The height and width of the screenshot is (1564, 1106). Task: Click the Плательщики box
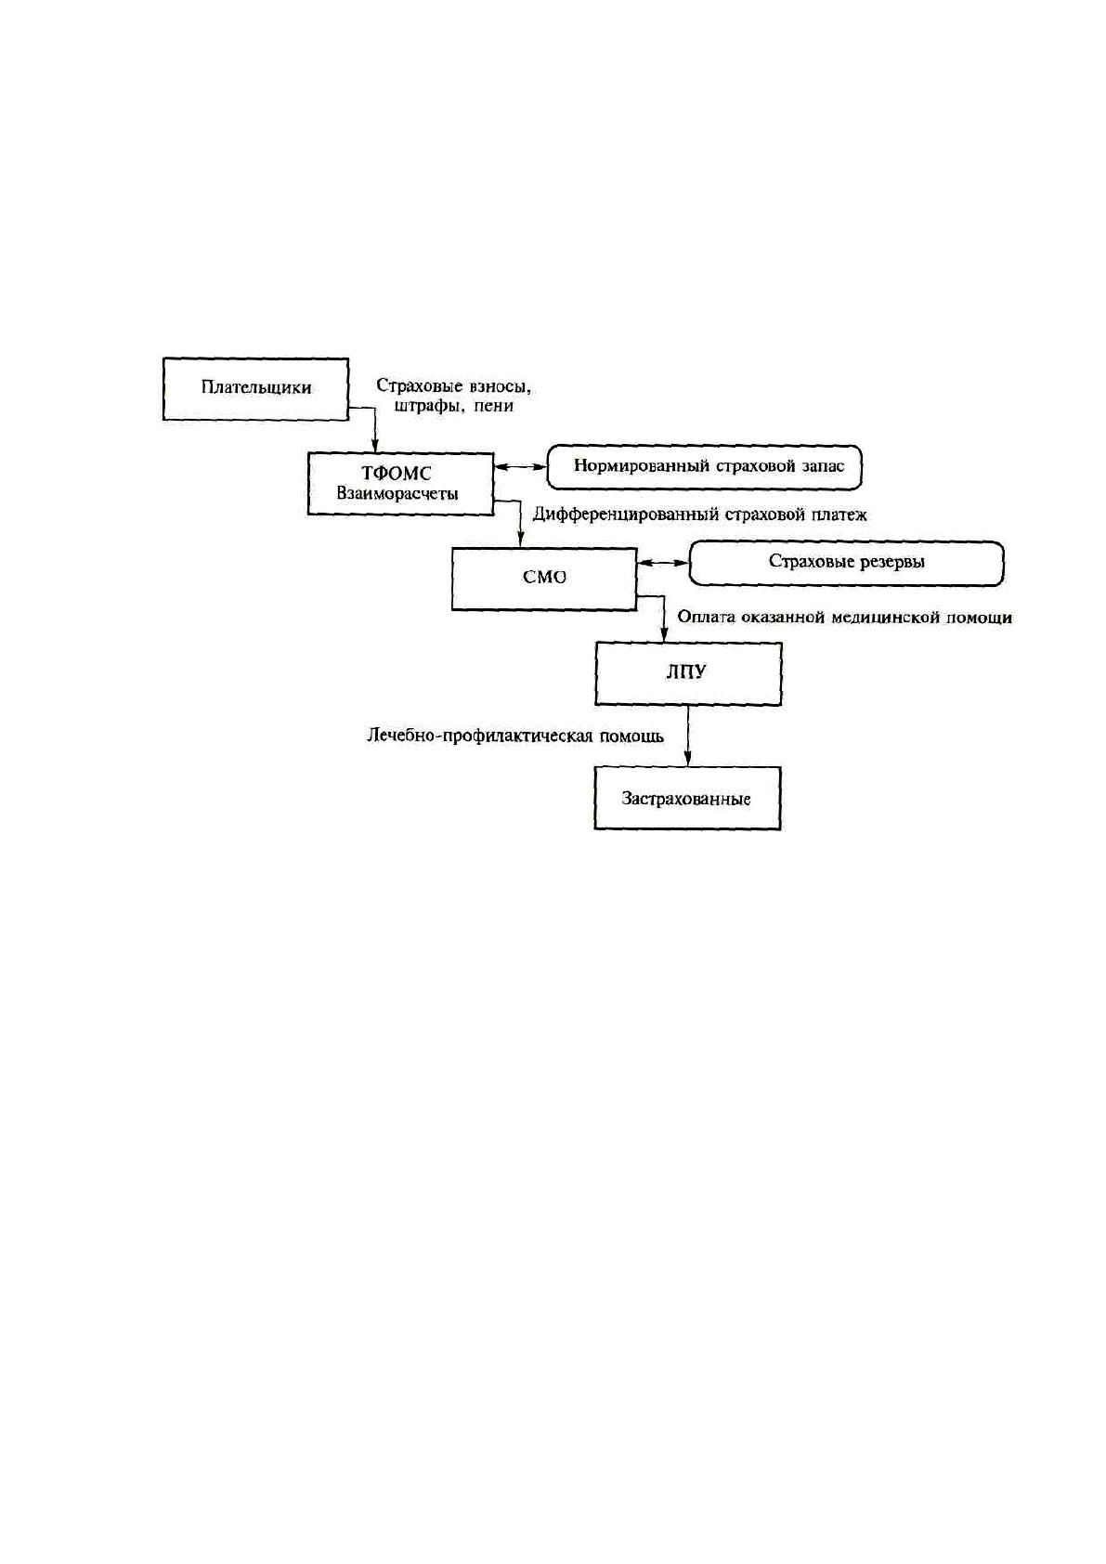point(255,389)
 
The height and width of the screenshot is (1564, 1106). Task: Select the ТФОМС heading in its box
point(397,474)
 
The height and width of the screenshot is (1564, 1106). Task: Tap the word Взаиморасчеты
point(397,494)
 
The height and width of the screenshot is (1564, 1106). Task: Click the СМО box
point(544,579)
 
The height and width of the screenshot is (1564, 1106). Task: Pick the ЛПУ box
point(688,673)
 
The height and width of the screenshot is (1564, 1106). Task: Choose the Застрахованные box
point(687,798)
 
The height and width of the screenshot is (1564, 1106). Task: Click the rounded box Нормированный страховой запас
point(704,466)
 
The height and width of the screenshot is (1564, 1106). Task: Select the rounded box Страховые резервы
point(846,563)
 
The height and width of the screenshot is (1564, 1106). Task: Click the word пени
point(494,406)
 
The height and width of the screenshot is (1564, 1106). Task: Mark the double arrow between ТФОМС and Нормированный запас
point(519,466)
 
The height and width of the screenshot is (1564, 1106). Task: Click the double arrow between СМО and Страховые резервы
point(663,563)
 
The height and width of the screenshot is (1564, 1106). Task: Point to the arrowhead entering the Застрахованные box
point(688,760)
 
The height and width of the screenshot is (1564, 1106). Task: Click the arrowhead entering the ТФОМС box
point(375,446)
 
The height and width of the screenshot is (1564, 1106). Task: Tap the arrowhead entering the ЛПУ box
point(664,634)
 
